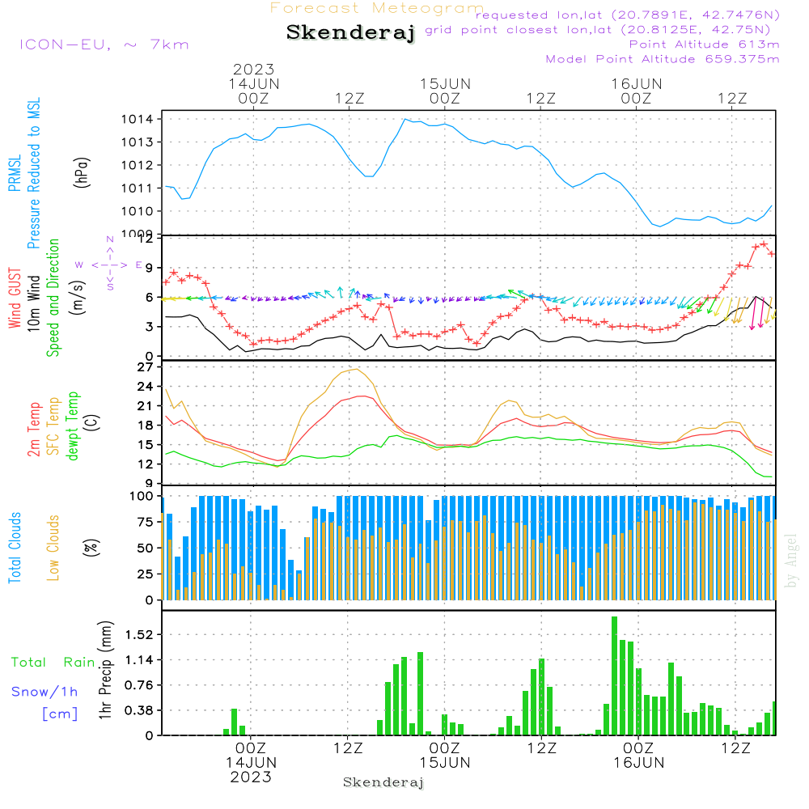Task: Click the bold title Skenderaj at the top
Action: point(350,32)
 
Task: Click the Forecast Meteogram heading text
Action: point(377,8)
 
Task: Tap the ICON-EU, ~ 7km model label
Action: point(104,44)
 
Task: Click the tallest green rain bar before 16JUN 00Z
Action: point(615,676)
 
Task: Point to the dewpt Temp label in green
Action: point(74,426)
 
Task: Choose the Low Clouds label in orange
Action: point(53,545)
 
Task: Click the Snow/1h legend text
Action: point(44,691)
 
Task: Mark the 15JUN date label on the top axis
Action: point(444,83)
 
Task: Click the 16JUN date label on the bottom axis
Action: point(638,762)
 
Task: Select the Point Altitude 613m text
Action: point(704,44)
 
